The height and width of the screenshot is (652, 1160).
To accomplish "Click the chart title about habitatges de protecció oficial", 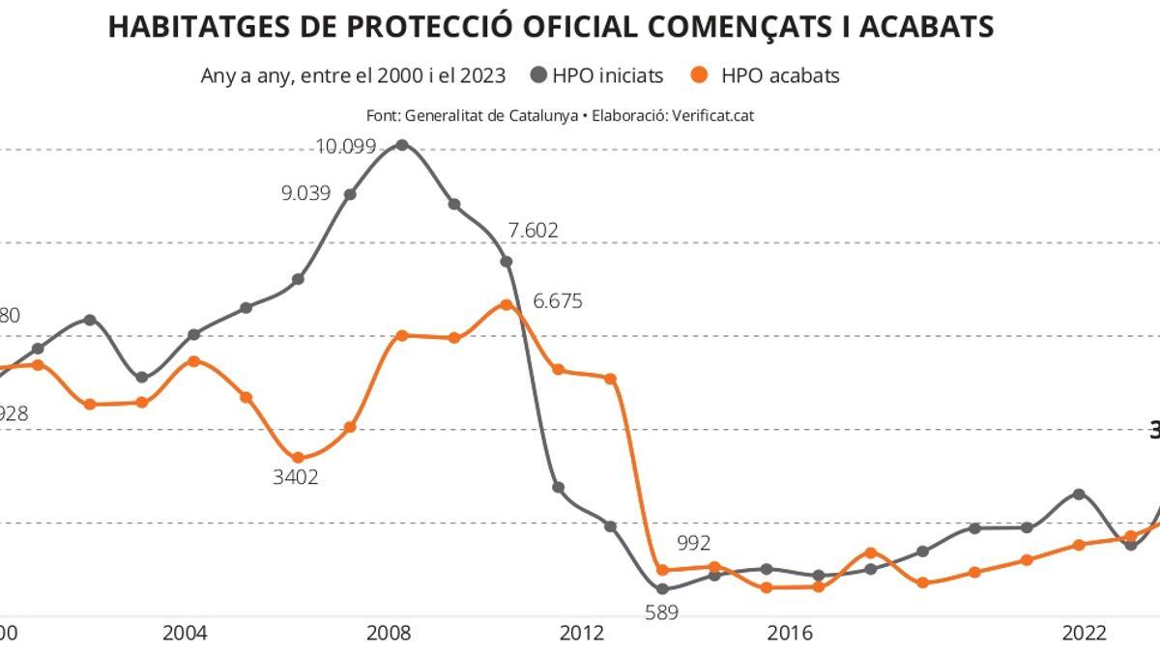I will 550,26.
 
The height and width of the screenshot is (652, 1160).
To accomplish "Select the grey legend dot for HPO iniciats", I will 538,74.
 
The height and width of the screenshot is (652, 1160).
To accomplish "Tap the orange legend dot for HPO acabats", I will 702,74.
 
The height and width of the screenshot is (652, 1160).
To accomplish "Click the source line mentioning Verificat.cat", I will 560,115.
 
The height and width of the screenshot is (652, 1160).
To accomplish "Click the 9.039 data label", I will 305,193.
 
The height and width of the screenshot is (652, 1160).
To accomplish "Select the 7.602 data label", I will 533,231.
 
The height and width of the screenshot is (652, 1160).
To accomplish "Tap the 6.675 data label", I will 558,301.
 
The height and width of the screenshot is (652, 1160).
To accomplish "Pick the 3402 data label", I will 296,477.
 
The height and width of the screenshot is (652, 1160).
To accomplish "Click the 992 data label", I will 693,544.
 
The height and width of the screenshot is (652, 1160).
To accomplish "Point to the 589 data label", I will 662,612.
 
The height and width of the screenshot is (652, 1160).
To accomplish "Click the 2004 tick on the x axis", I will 185,634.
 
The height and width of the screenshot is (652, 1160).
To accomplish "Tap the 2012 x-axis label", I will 582,634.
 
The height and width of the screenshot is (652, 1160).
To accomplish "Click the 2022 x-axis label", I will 1085,634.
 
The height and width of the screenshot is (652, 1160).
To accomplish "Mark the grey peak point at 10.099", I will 402,145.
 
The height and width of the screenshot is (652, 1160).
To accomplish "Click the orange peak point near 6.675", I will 506,305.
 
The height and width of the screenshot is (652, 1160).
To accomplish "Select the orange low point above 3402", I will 298,458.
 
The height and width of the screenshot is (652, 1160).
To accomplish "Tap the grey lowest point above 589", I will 662,588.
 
